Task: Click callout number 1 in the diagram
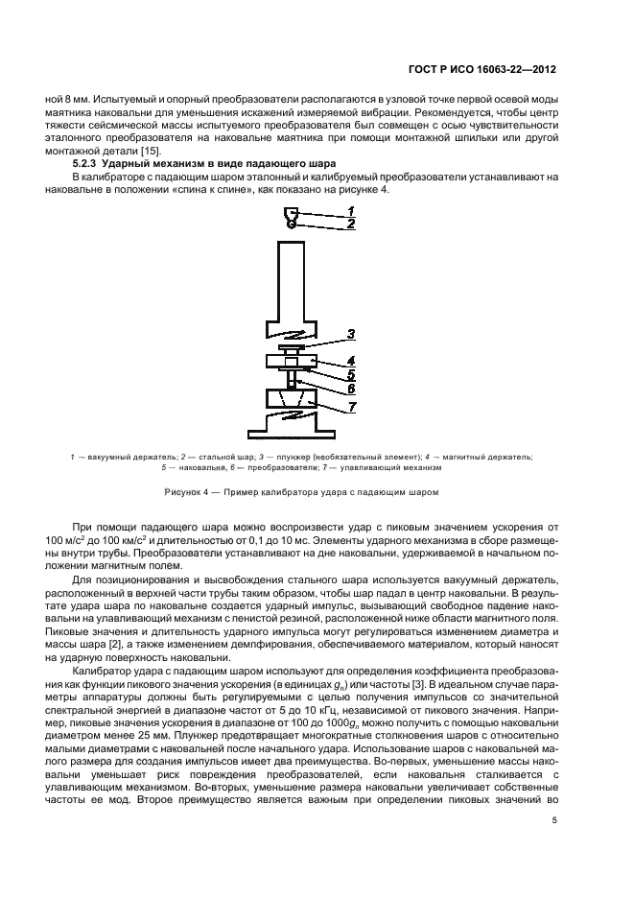351,210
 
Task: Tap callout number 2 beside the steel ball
351,223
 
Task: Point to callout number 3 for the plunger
352,335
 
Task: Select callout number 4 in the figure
352,361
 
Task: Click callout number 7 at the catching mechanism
352,406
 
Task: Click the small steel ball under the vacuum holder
292,224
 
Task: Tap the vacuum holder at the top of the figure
292,213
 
